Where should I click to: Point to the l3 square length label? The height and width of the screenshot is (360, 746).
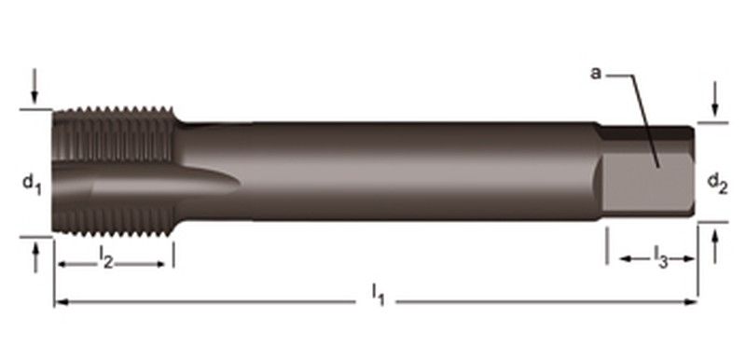pyautogui.click(x=658, y=254)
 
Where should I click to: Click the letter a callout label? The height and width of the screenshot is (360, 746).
pyautogui.click(x=595, y=73)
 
